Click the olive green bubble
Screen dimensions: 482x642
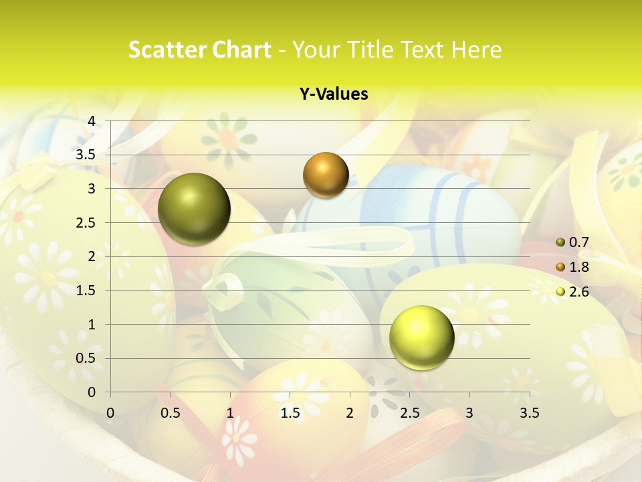pos(194,209)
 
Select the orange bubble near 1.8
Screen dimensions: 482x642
pos(326,175)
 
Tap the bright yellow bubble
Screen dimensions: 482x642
pos(421,337)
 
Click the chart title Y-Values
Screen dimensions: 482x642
pos(334,94)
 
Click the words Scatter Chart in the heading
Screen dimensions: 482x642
pos(199,50)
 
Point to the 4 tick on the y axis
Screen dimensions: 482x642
pos(92,120)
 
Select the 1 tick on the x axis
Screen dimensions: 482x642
pos(230,412)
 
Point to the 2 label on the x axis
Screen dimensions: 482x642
pos(350,412)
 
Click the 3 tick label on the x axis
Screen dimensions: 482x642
pos(469,412)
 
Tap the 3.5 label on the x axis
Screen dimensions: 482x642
pos(529,412)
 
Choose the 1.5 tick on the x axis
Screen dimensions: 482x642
pos(290,412)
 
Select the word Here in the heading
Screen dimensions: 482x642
pos(476,50)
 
